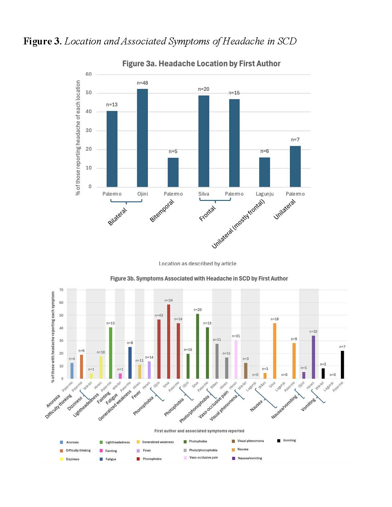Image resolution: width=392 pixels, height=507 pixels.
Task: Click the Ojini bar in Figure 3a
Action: click(x=142, y=138)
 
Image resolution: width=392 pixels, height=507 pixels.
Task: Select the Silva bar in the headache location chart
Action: click(x=204, y=141)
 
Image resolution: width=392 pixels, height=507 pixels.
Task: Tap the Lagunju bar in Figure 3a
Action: click(x=264, y=172)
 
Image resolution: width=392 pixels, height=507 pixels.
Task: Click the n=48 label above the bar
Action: click(x=142, y=83)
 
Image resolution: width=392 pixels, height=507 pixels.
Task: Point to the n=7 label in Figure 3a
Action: click(x=295, y=140)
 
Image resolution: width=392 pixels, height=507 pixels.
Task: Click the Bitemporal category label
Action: click(x=162, y=211)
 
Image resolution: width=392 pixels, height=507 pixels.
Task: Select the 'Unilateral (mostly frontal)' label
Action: click(x=238, y=224)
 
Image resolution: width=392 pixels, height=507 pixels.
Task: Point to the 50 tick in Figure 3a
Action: click(x=89, y=93)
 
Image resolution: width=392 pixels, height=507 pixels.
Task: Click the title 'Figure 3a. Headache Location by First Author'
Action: click(x=201, y=64)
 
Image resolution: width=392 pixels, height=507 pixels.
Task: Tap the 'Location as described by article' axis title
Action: click(x=197, y=264)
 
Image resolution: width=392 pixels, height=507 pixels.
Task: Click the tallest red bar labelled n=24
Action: click(x=168, y=342)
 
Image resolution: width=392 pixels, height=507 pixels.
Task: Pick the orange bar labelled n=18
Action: click(x=275, y=351)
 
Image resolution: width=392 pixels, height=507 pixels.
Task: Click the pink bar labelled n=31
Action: click(x=236, y=359)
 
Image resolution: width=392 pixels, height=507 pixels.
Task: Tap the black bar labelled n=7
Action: click(x=342, y=365)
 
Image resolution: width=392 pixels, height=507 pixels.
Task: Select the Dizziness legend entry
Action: click(x=72, y=459)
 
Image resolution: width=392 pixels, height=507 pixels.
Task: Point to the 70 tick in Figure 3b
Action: click(x=61, y=290)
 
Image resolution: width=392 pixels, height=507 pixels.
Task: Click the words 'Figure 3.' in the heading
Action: click(x=42, y=41)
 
